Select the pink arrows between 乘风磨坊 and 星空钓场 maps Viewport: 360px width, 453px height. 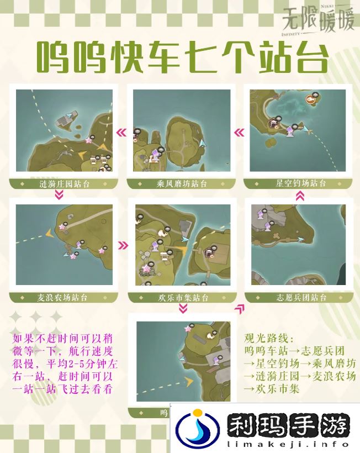click(239, 133)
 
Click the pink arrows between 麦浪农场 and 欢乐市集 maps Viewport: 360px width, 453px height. click(123, 246)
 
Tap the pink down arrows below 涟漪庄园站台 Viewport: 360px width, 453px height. click(60, 194)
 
